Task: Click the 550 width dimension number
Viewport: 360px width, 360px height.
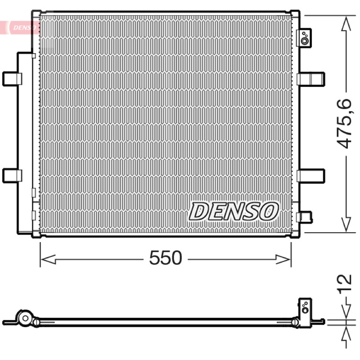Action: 166,257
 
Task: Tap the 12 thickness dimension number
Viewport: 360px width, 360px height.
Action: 344,283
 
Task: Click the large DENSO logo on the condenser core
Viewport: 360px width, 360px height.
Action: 233,211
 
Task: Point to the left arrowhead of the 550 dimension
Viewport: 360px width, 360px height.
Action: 48,260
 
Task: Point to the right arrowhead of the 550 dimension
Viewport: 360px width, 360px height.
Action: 283,260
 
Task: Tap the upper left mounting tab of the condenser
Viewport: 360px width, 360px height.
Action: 12,79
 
